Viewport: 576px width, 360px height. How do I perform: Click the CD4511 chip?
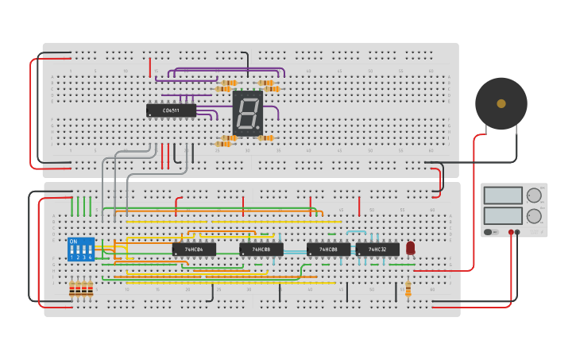pyautogui.click(x=171, y=110)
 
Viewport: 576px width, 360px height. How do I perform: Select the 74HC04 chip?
pyautogui.click(x=194, y=250)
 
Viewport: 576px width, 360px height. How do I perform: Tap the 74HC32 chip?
pyautogui.click(x=377, y=250)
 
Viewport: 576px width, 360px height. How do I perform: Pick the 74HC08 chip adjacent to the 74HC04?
pyautogui.click(x=261, y=250)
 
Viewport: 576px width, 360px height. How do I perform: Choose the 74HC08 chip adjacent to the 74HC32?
pyautogui.click(x=328, y=250)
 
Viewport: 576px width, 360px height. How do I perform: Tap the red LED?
pyautogui.click(x=410, y=248)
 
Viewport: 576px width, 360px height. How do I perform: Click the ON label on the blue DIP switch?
pyautogui.click(x=74, y=242)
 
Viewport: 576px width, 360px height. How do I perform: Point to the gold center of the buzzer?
pyautogui.click(x=501, y=103)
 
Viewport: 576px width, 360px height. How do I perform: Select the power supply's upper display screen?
pyautogui.click(x=503, y=195)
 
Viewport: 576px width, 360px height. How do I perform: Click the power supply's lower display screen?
pyautogui.click(x=503, y=215)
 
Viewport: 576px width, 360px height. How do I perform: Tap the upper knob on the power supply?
pyautogui.click(x=534, y=195)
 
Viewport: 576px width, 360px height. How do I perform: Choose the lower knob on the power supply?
pyautogui.click(x=534, y=215)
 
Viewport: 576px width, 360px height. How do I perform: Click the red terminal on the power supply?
pyautogui.click(x=511, y=232)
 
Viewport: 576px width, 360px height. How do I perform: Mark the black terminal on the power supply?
pyautogui.click(x=518, y=232)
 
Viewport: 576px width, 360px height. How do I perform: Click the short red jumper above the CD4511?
pyautogui.click(x=149, y=67)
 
